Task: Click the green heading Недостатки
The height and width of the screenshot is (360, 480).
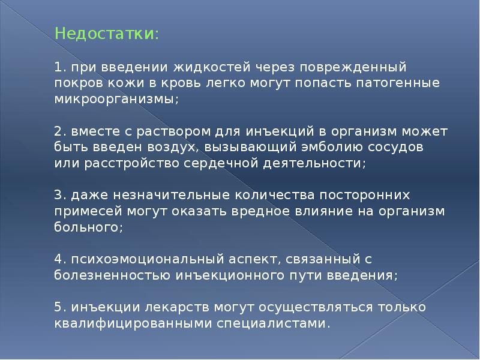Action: pos(106,34)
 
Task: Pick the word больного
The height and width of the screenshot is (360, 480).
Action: pos(88,228)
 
